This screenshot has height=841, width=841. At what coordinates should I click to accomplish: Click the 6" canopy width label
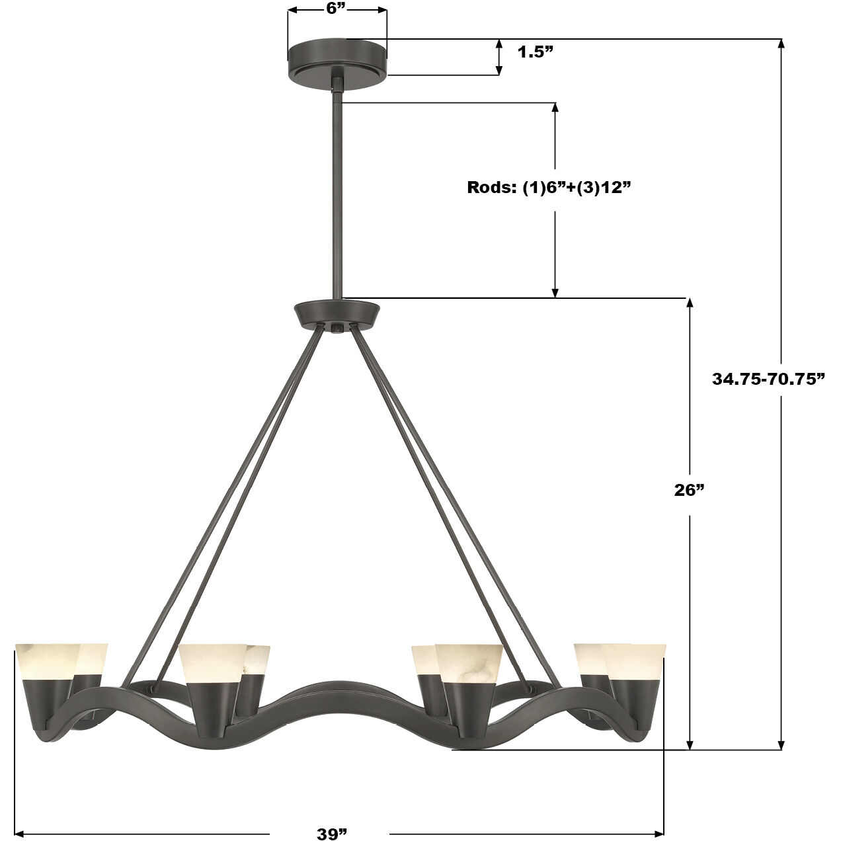(x=336, y=8)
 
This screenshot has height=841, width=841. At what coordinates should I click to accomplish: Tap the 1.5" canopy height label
(x=535, y=52)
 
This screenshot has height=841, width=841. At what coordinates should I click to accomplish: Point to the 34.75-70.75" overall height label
(x=769, y=379)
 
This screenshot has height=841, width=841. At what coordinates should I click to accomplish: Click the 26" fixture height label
(x=690, y=490)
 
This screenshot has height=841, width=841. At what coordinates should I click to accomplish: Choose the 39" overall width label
(x=331, y=834)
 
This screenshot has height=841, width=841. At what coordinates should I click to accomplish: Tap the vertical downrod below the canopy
(x=338, y=198)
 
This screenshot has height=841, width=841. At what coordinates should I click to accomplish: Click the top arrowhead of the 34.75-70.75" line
(x=781, y=44)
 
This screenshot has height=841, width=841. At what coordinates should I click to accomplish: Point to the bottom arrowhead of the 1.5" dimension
(x=499, y=70)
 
